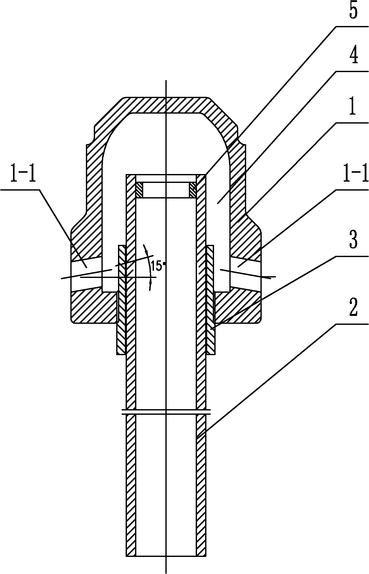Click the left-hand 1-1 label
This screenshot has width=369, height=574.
click(x=23, y=174)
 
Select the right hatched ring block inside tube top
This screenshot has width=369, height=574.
click(x=193, y=190)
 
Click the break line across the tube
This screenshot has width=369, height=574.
click(x=166, y=412)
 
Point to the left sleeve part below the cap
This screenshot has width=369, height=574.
click(x=122, y=300)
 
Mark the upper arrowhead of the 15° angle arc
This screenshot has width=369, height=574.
click(x=145, y=248)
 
